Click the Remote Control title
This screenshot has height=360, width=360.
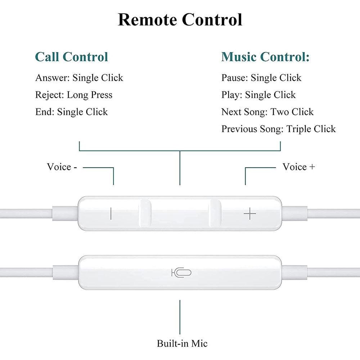coord(180,20)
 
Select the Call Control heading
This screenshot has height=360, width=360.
coord(71,57)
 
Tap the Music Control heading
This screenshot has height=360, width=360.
coord(265,57)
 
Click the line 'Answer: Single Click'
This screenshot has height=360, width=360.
coord(79,78)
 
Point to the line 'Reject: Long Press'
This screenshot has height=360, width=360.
coord(74,95)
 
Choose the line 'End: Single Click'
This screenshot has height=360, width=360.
coord(71,112)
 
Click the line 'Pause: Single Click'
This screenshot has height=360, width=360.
coord(261,78)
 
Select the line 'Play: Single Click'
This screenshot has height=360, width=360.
coord(258,95)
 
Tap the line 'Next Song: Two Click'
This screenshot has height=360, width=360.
coord(267,112)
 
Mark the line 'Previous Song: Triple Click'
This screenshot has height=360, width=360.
coord(279,129)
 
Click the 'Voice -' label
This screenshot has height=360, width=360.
coord(62,167)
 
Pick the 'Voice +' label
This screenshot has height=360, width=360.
coord(299,167)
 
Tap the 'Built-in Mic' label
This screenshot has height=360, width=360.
coord(182,344)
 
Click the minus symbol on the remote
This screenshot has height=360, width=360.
coord(111,214)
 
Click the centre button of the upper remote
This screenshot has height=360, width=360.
coord(180,213)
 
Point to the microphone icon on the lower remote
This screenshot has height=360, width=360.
coord(181,273)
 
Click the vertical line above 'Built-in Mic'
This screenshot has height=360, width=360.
coord(180,317)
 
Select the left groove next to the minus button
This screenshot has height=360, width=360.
coord(145,213)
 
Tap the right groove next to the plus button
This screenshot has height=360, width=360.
coord(215,213)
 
